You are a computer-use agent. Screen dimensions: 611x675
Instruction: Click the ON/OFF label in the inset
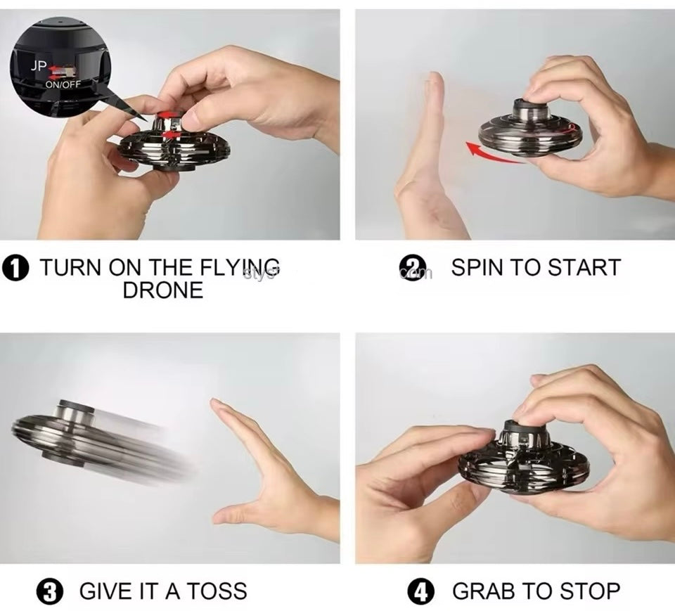click(63, 84)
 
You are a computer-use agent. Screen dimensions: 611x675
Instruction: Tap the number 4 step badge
click(422, 591)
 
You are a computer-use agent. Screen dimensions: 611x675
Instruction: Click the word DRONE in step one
click(163, 290)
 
